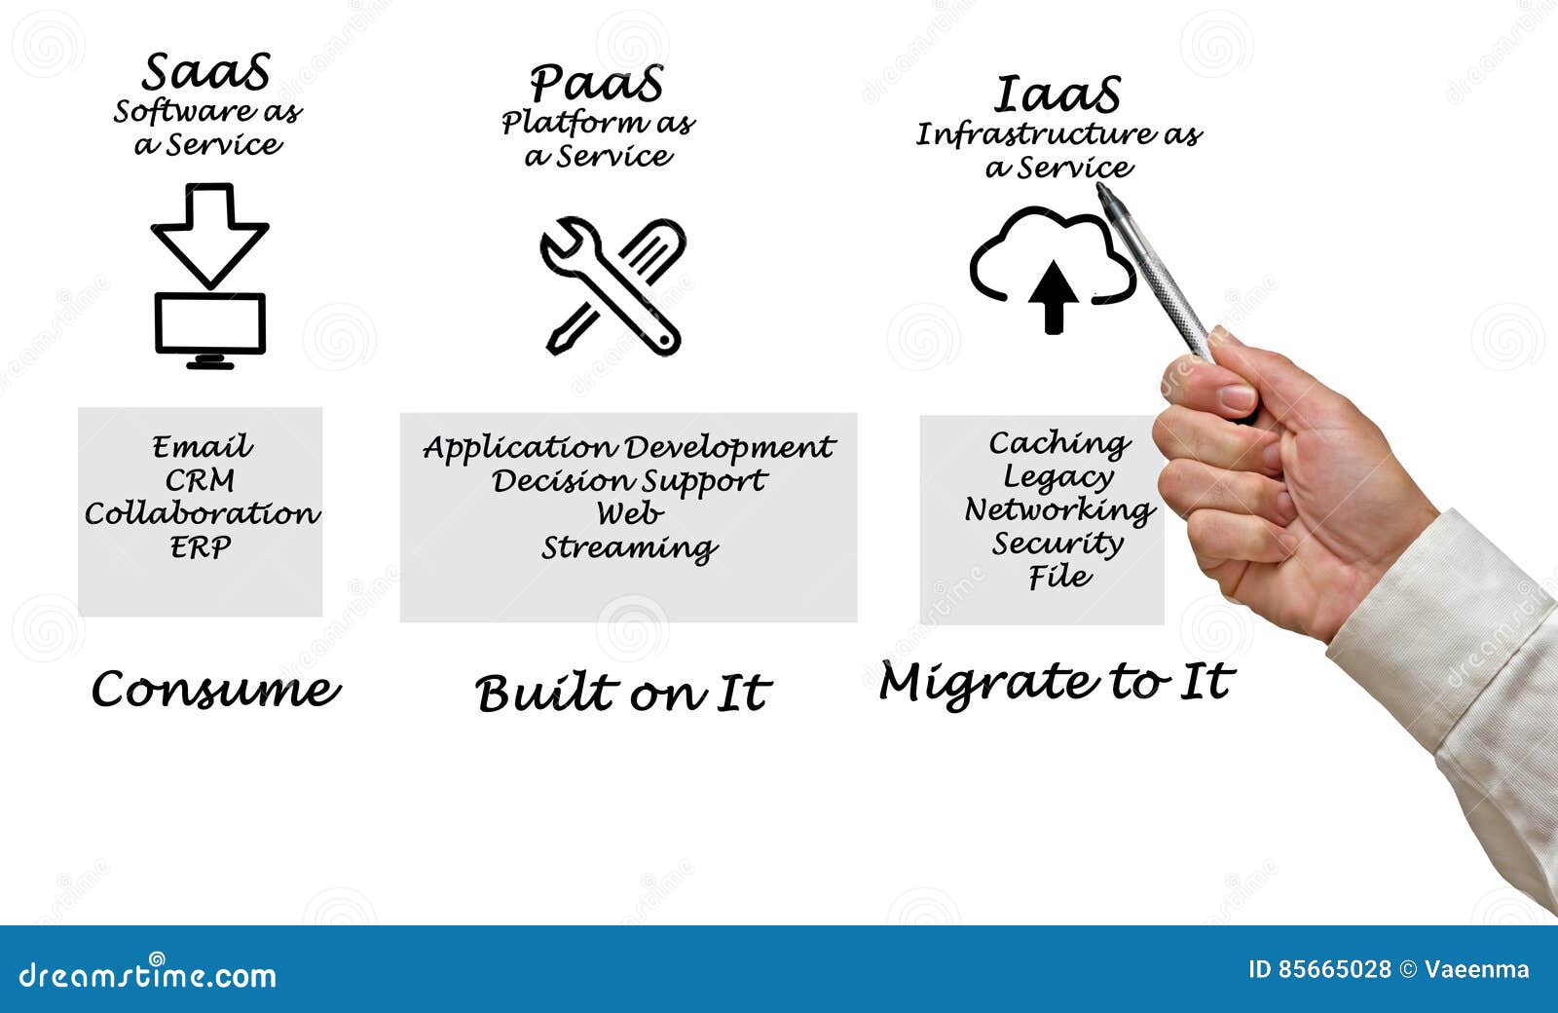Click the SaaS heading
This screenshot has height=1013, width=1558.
[206, 73]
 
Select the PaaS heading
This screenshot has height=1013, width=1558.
[597, 84]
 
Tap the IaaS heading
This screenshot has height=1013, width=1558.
[1057, 95]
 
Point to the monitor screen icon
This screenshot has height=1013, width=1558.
[210, 325]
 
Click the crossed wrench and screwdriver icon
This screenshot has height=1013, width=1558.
[612, 286]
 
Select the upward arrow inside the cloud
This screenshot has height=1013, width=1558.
[1053, 296]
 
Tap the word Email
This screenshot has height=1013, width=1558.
[202, 447]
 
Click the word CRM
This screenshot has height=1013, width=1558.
[200, 480]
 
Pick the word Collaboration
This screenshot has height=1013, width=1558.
[202, 513]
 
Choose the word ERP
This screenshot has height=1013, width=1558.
[201, 547]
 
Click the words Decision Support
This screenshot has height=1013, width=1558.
[629, 481]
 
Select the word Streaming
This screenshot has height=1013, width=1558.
[629, 548]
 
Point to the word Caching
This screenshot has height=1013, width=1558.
[1059, 444]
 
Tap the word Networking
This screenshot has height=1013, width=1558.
[1058, 510]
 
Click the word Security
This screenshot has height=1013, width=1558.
[1057, 544]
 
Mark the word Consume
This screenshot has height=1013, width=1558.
[215, 690]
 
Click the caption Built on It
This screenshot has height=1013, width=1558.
[623, 694]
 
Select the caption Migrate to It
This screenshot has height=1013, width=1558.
[1057, 682]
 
